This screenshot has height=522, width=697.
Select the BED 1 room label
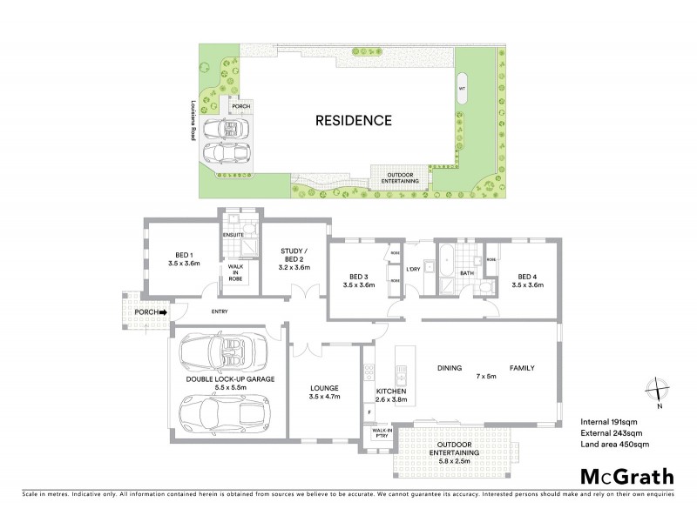click(184, 259)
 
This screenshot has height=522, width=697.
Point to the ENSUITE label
click(233, 235)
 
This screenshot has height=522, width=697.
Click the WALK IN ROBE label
click(234, 273)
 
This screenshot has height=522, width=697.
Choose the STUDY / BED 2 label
click(293, 258)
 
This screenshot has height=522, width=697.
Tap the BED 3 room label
click(358, 280)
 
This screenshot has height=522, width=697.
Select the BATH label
click(466, 272)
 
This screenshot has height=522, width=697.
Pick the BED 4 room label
click(527, 280)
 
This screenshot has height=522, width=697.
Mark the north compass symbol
click(660, 391)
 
